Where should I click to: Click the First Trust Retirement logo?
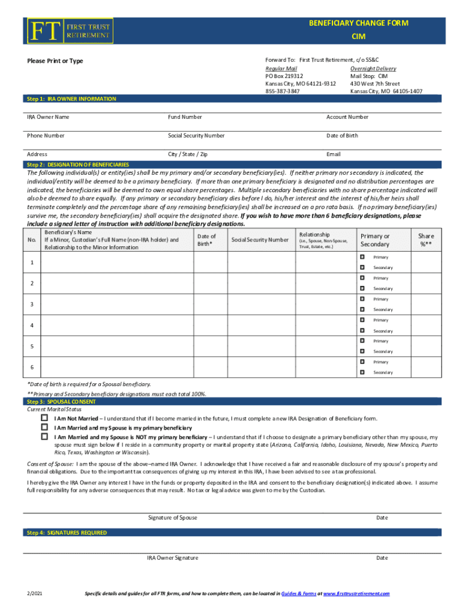pos(68,31)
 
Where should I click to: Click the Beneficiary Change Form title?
pos(358,23)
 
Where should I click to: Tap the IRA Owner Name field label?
pos(48,117)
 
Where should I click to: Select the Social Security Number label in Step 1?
pos(196,136)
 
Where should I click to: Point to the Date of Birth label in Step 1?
pos(342,136)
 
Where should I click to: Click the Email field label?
pos(334,154)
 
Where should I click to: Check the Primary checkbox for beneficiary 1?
pos(362,257)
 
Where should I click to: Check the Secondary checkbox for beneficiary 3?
pos(362,309)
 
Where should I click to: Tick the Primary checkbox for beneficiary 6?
pos(362,362)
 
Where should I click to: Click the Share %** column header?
pos(426,240)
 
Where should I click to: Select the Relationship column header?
pos(315,234)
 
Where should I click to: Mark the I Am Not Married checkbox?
pos(44,417)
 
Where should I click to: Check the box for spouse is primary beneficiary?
pos(44,427)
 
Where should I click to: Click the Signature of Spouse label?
pos(172,518)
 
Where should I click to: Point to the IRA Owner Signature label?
pos(172,558)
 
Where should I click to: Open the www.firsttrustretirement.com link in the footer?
pos(356,593)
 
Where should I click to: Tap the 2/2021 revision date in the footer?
pos(35,593)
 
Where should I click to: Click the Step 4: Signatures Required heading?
pos(67,533)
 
